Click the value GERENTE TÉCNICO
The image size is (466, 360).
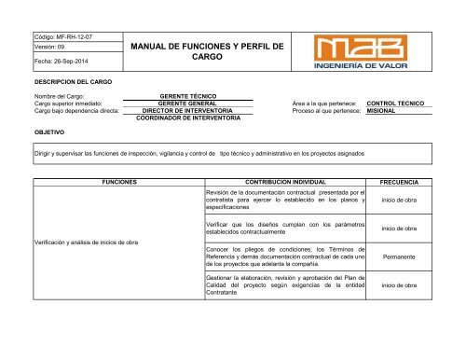[189, 96]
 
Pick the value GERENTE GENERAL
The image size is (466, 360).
[189, 104]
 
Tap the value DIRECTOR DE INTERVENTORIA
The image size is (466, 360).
[189, 111]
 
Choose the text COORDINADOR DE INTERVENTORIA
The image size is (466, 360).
[189, 119]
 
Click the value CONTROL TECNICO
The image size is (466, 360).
[402, 104]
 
